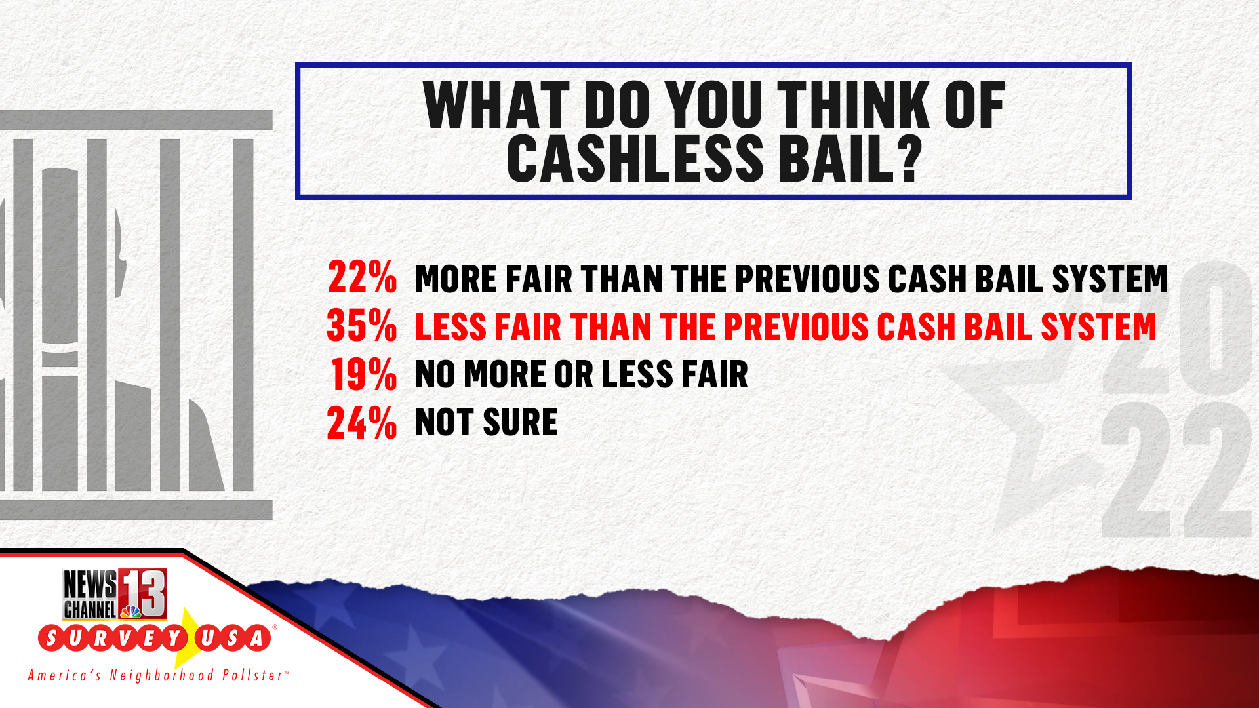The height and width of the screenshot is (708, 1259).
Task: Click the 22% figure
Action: [362, 277]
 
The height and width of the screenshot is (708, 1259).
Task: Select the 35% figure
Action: [362, 326]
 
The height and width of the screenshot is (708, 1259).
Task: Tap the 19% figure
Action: [364, 374]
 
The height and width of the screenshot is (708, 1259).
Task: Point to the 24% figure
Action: [362, 423]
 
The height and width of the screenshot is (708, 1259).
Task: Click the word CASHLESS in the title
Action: [635, 159]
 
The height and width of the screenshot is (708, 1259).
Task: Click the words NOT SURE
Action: [487, 422]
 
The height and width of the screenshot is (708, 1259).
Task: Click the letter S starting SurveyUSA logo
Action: [52, 639]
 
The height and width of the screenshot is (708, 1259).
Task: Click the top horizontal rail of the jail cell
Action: [136, 120]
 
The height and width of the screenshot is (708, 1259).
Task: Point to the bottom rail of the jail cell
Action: [136, 509]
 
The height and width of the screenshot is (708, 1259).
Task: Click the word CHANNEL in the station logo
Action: [90, 609]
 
